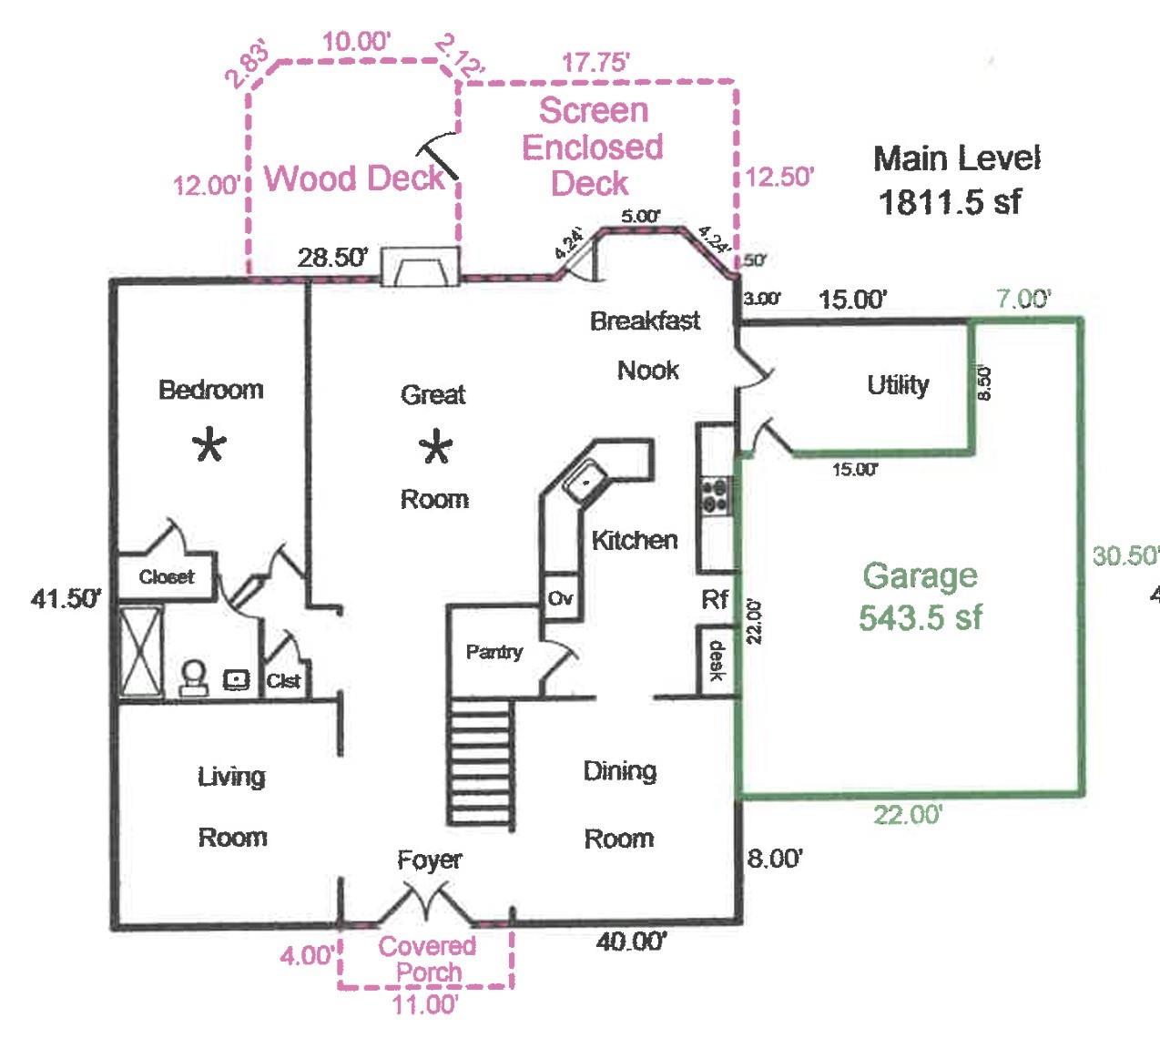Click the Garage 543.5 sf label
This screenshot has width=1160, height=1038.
click(920, 596)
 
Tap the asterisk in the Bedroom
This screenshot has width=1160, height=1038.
click(210, 446)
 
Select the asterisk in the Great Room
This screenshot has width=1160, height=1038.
click(436, 448)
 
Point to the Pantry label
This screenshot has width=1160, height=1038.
click(494, 652)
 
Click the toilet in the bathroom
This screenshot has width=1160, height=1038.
click(193, 677)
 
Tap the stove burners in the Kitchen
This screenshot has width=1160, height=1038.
click(714, 496)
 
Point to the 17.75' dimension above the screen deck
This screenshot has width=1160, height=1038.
click(595, 63)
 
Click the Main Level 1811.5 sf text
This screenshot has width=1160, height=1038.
click(955, 179)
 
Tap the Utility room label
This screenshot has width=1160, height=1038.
click(898, 385)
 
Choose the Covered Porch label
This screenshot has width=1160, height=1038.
click(427, 959)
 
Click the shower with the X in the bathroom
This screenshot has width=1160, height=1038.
click(142, 652)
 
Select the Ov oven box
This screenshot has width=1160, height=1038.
click(561, 598)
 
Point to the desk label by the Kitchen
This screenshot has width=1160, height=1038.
click(716, 661)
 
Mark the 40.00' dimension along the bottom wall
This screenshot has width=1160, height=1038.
click(631, 941)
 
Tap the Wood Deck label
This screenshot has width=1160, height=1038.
click(353, 178)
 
